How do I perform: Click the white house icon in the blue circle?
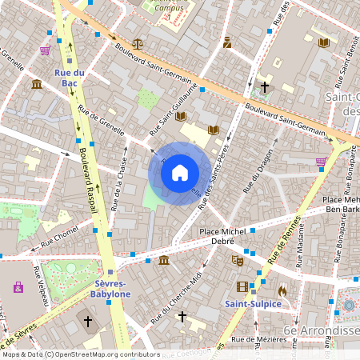180,173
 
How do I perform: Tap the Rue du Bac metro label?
70,78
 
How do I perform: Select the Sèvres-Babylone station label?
113,288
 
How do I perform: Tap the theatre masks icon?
237,260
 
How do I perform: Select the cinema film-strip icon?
242,286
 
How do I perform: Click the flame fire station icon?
282,290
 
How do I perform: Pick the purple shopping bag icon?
18,286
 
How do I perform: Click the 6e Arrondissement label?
320,330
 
